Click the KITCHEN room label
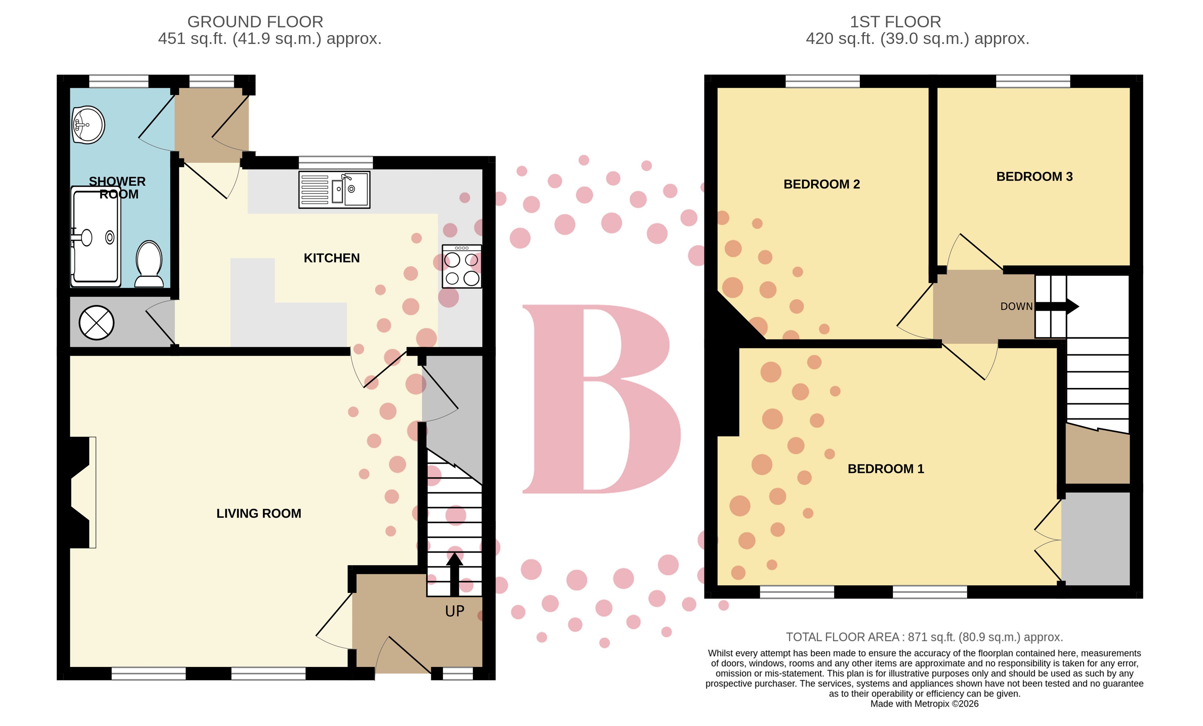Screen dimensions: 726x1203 click(x=332, y=258)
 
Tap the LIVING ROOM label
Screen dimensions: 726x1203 click(x=259, y=513)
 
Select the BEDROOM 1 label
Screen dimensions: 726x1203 click(x=886, y=469)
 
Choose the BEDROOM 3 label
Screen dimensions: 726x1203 click(x=1034, y=176)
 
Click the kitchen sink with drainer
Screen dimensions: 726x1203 click(x=334, y=190)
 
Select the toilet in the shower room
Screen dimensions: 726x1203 click(x=149, y=264)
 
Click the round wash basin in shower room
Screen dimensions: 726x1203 click(x=88, y=125)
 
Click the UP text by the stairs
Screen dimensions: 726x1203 click(x=455, y=611)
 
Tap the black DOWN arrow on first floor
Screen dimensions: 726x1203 click(x=1057, y=306)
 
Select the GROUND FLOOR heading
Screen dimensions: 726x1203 click(x=255, y=21)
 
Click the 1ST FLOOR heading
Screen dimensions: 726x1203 click(x=895, y=21)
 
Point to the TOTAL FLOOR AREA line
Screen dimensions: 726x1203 click(x=924, y=637)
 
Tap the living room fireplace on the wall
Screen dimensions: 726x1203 click(x=81, y=492)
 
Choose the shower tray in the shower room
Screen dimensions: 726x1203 click(x=96, y=237)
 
